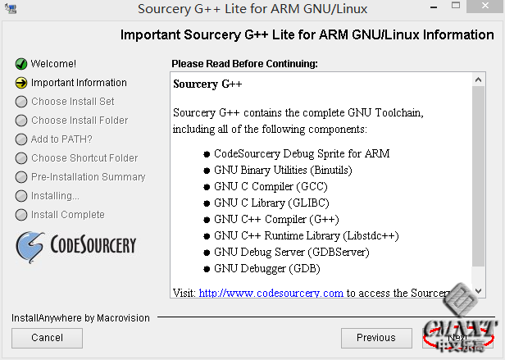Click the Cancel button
click(47, 337)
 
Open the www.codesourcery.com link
click(271, 293)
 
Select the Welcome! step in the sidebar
click(53, 64)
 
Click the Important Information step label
click(79, 83)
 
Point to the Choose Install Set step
click(72, 102)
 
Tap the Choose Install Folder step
click(80, 121)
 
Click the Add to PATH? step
click(61, 139)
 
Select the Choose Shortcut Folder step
click(84, 158)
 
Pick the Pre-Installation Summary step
click(88, 177)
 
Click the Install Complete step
click(67, 215)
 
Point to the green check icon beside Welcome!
click(21, 64)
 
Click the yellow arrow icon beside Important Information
click(21, 83)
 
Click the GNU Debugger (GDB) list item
click(266, 268)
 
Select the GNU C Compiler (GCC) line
click(271, 186)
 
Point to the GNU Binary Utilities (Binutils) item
click(283, 170)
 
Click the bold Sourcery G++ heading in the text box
click(207, 84)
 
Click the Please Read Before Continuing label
click(244, 64)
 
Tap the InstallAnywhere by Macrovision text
click(80, 317)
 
